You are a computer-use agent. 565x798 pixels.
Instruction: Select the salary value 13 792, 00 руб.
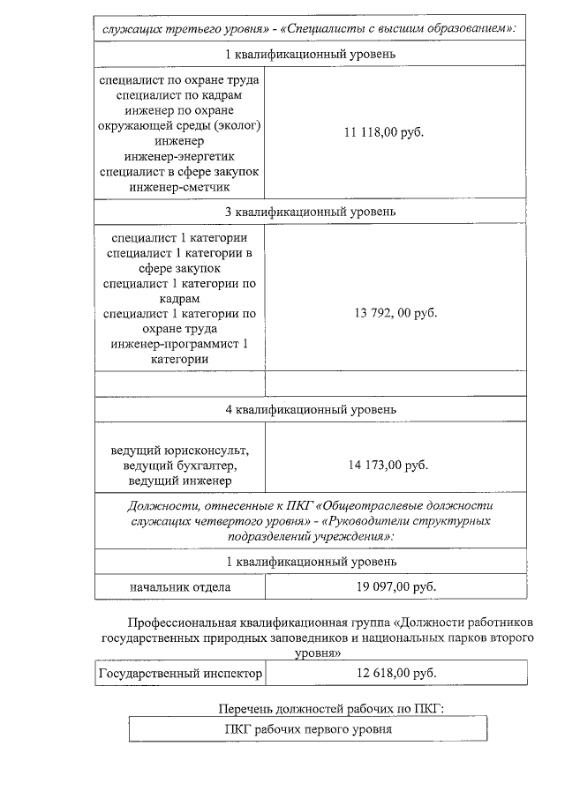click(395, 312)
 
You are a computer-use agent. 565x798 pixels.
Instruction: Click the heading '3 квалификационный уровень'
click(310, 212)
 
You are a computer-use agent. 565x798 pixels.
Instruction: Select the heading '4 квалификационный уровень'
click(310, 409)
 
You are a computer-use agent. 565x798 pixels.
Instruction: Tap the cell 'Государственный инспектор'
click(181, 674)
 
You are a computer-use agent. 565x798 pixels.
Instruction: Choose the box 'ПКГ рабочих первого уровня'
click(308, 729)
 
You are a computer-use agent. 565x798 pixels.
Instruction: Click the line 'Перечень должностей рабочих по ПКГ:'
click(331, 709)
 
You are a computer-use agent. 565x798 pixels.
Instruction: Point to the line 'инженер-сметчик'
click(179, 187)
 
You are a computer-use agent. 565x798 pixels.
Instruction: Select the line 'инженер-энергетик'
click(179, 156)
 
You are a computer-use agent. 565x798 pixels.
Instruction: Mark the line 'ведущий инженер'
click(179, 481)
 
